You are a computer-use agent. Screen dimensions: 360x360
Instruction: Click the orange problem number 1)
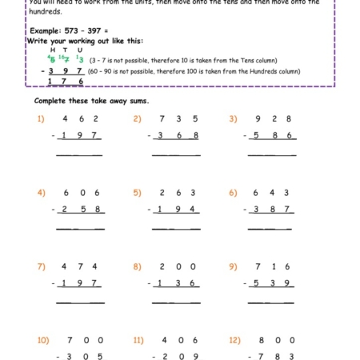coord(41,118)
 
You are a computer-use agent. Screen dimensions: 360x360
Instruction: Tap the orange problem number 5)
coord(137,193)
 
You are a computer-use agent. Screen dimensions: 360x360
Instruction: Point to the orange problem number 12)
coord(234,340)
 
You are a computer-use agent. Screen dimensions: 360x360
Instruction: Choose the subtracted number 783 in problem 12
coord(275,357)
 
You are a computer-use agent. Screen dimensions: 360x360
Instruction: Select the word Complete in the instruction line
coord(51,101)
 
